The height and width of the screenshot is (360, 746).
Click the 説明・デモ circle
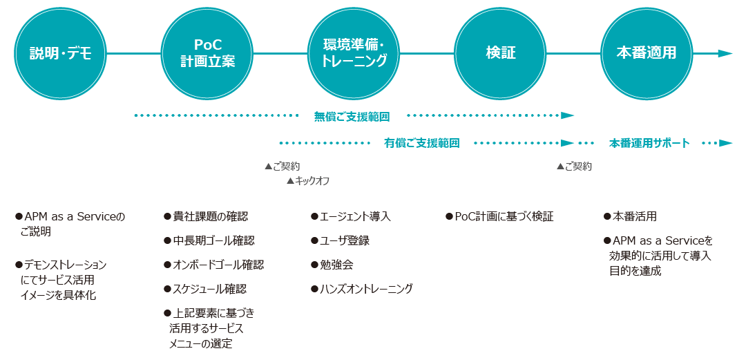60,53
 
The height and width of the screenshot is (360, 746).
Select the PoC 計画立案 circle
207,53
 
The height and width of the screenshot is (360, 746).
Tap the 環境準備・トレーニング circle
354,53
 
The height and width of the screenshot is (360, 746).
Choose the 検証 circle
501,53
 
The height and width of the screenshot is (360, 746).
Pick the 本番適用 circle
647,53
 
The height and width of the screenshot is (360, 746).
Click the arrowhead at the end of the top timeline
725,53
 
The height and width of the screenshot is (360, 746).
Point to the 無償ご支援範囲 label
352,115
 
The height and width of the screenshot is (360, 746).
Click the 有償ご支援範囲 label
422,143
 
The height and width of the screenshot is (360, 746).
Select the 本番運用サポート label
649,143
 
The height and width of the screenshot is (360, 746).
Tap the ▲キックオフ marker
308,181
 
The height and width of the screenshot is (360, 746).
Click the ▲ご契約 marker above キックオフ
282,167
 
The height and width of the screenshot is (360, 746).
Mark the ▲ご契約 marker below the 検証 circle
574,167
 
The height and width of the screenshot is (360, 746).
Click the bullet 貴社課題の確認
206,217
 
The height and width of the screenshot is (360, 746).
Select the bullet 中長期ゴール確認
209,240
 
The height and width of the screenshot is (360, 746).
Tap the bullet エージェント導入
351,217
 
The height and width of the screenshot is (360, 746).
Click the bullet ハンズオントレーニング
361,289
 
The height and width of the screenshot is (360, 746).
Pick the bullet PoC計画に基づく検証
499,217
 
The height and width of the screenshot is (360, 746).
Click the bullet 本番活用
630,217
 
